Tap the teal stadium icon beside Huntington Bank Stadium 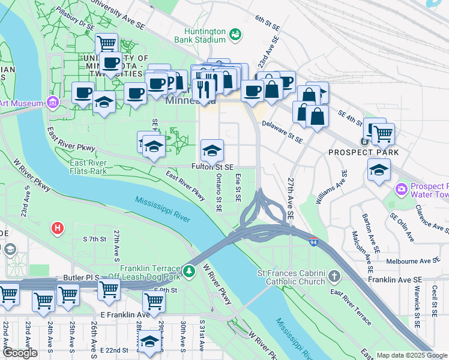(x=236, y=34)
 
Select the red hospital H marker (x=58, y=228)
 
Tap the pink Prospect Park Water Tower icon (x=400, y=190)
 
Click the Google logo (x=20, y=353)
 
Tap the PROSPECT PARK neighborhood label (x=363, y=152)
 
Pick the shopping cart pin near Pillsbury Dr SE (x=107, y=43)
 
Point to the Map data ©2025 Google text (x=412, y=355)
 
